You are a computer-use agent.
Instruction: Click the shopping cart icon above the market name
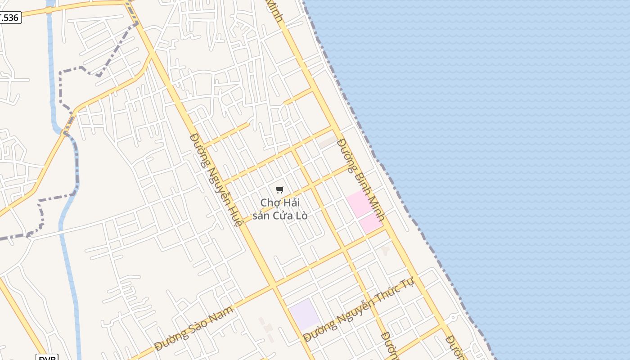coord(280,189)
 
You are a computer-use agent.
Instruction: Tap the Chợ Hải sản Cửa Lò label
coord(280,209)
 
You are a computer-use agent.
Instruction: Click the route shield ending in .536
coord(10,18)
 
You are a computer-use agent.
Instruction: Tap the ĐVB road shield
coord(47,358)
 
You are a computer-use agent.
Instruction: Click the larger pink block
coord(359,203)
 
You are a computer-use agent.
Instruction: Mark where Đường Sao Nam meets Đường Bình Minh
coord(386,228)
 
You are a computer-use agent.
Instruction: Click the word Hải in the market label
coord(292,202)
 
